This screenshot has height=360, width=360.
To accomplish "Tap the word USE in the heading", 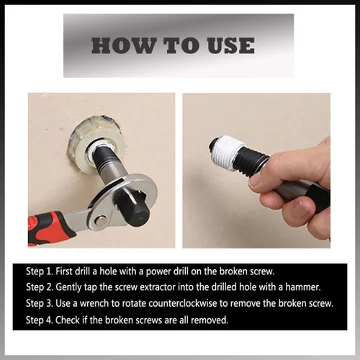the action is coord(231,45).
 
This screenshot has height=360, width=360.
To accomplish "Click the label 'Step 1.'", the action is coord(40,271).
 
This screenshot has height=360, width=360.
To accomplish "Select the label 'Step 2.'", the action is coord(40,287).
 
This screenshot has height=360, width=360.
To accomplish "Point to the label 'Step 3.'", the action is coord(40,303).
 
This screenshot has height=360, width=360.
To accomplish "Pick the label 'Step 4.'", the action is coord(40,320).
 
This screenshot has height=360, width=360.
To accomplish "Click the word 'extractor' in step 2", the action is coord(156,287).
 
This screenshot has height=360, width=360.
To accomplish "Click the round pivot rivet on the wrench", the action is coord(101,220).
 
